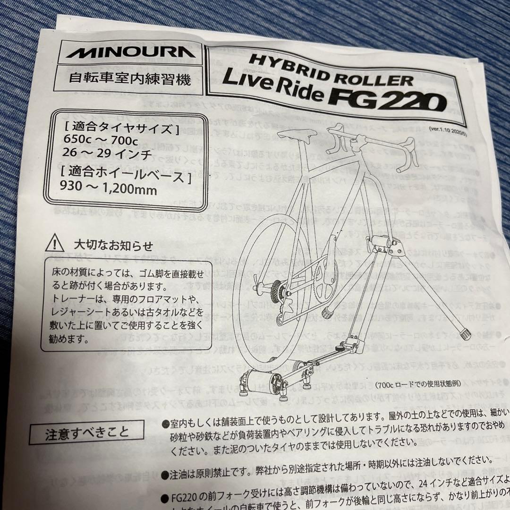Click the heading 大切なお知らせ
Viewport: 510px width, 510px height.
(x=113, y=246)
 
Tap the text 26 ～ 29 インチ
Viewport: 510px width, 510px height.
(x=99, y=154)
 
